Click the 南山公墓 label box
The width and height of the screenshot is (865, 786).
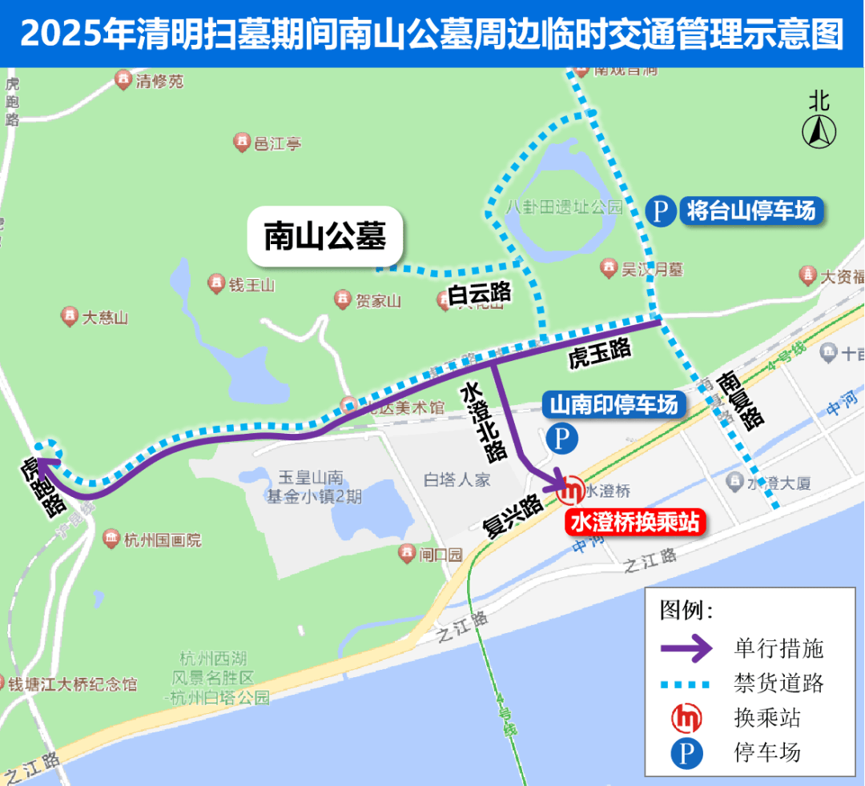click(x=325, y=237)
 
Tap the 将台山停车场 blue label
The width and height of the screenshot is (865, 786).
click(x=750, y=211)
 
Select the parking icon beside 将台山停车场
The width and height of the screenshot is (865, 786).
click(x=660, y=212)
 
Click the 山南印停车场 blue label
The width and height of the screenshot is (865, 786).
click(x=614, y=405)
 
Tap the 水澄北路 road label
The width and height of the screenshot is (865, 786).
click(x=483, y=421)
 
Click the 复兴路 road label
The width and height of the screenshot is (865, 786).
click(x=513, y=516)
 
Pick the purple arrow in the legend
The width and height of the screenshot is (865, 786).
click(x=686, y=648)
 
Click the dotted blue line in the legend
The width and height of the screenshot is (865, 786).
click(x=686, y=683)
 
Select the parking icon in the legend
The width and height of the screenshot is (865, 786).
click(x=686, y=753)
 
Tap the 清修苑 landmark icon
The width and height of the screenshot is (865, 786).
click(x=123, y=80)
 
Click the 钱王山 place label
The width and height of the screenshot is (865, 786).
click(x=252, y=284)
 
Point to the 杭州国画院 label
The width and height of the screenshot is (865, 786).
click(x=163, y=540)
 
